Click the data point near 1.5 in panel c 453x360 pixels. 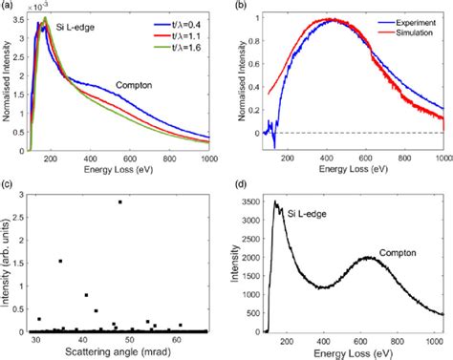[x=60, y=261]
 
